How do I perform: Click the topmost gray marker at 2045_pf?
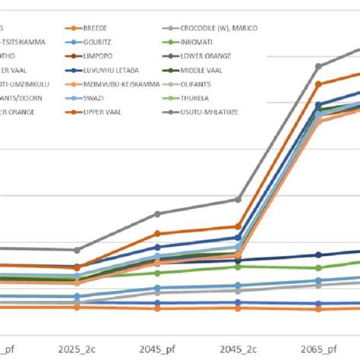pos(157,214)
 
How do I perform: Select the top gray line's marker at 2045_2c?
pos(238,200)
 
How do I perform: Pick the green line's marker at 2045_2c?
pos(238,267)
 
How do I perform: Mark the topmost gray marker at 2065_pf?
pos(319,66)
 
